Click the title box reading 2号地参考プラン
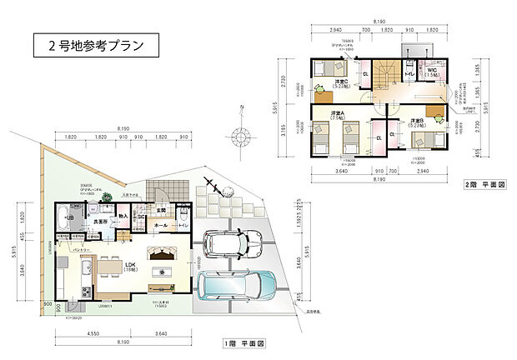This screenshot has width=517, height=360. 96,45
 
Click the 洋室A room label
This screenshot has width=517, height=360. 338,115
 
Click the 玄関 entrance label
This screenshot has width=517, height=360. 162,210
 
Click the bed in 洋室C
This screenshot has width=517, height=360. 330,68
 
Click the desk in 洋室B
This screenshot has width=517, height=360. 434,112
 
